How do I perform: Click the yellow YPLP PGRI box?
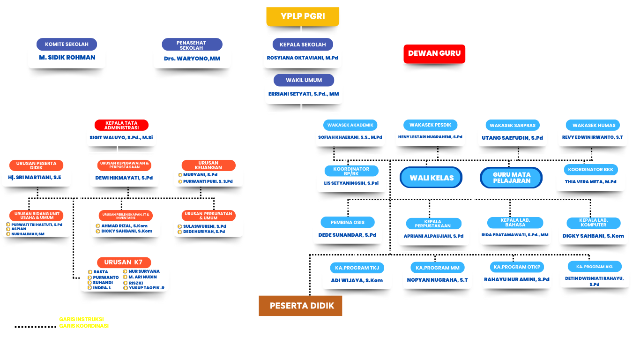coord(303,16)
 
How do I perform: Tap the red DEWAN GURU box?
coord(434,53)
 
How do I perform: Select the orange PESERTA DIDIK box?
coord(300,306)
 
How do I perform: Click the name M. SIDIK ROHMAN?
coord(67,58)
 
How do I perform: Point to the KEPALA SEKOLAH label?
coord(303,45)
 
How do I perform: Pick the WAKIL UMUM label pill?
coord(304,80)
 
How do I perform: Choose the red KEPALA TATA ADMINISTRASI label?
coord(121,125)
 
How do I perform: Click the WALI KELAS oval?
coord(431,178)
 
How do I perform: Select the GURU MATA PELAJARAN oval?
coord(511,178)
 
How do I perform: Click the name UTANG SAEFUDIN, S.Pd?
coord(512,138)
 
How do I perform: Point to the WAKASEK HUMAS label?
coord(593,125)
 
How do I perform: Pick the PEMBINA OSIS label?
coord(347,222)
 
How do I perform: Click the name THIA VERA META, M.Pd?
coord(590,182)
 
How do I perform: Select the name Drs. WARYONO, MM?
coord(192,59)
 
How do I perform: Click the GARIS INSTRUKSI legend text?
coord(81,319)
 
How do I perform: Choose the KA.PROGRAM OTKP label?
coord(517,267)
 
